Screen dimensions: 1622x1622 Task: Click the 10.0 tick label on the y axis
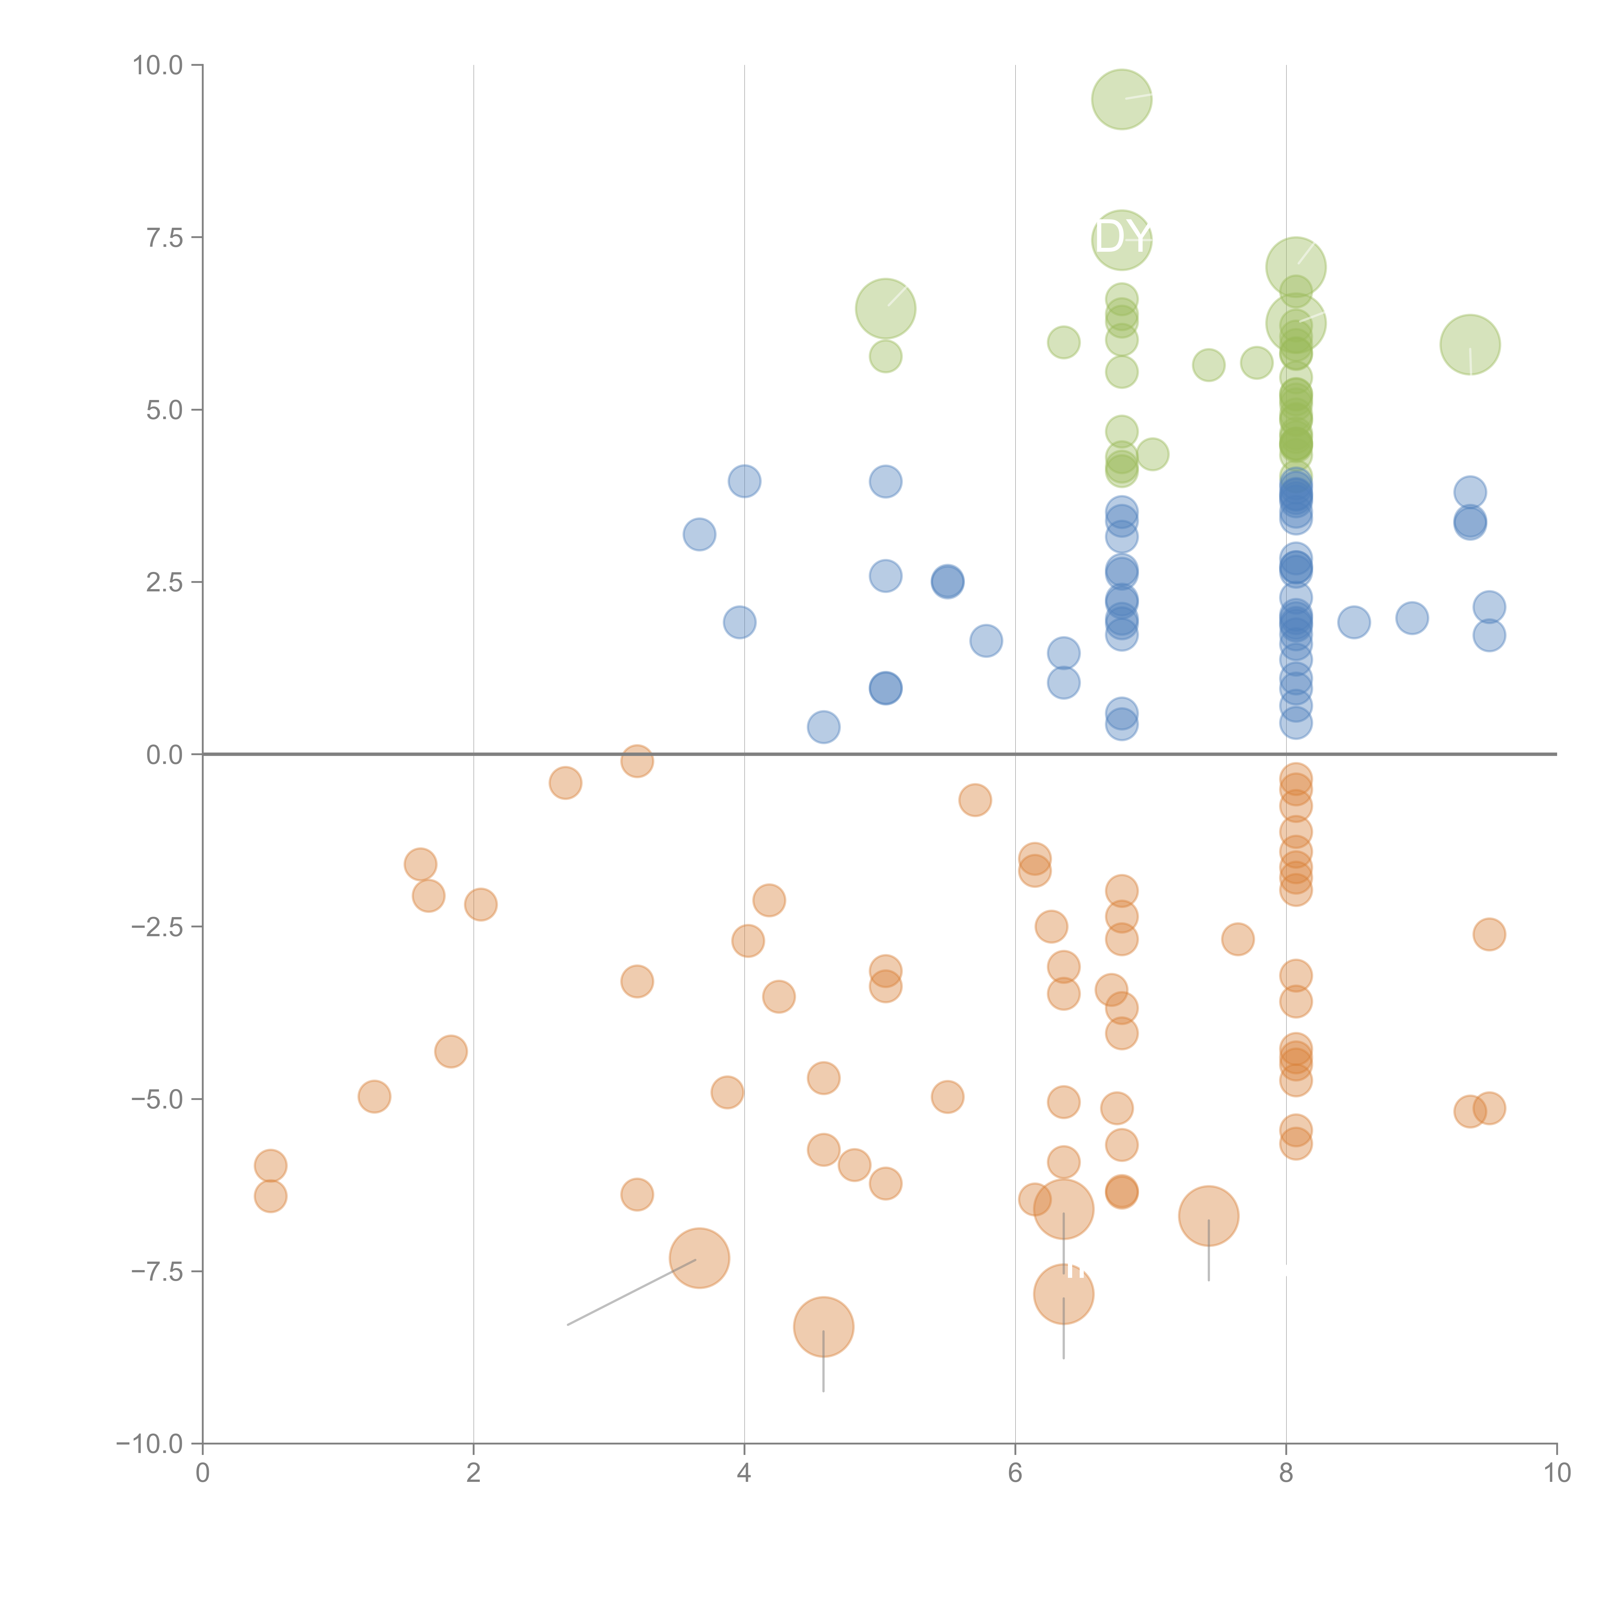coord(158,66)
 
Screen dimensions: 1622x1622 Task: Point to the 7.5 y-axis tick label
coord(164,237)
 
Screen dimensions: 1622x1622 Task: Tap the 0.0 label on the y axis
coord(164,755)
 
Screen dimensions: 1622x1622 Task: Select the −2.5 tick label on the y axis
coord(158,927)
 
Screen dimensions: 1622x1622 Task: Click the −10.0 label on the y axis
coord(151,1444)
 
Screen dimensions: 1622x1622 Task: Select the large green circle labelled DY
coord(1122,240)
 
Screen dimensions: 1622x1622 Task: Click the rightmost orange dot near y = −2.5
coord(1489,934)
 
